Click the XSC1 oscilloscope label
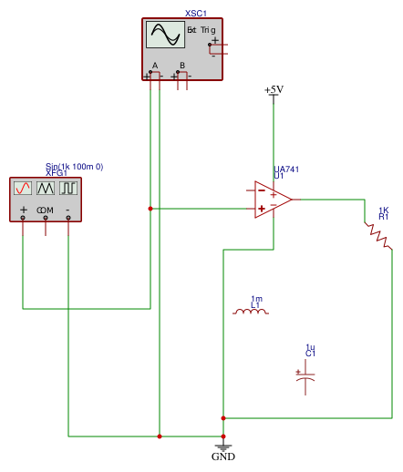point(196,14)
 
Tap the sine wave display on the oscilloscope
point(165,35)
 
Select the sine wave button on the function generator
point(23,189)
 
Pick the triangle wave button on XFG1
point(46,189)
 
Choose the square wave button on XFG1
point(68,189)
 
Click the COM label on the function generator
point(45,210)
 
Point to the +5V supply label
point(274,89)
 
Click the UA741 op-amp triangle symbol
point(273,200)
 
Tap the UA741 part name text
point(286,169)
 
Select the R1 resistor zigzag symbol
point(378,236)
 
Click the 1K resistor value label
point(384,210)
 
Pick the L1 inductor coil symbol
point(251,312)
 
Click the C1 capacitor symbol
point(305,377)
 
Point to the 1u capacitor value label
point(310,347)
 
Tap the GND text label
point(223,457)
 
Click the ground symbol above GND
point(223,447)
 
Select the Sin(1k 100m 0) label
point(75,167)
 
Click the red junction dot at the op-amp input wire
point(150,209)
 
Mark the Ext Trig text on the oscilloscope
point(201,30)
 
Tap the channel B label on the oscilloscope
point(182,66)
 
